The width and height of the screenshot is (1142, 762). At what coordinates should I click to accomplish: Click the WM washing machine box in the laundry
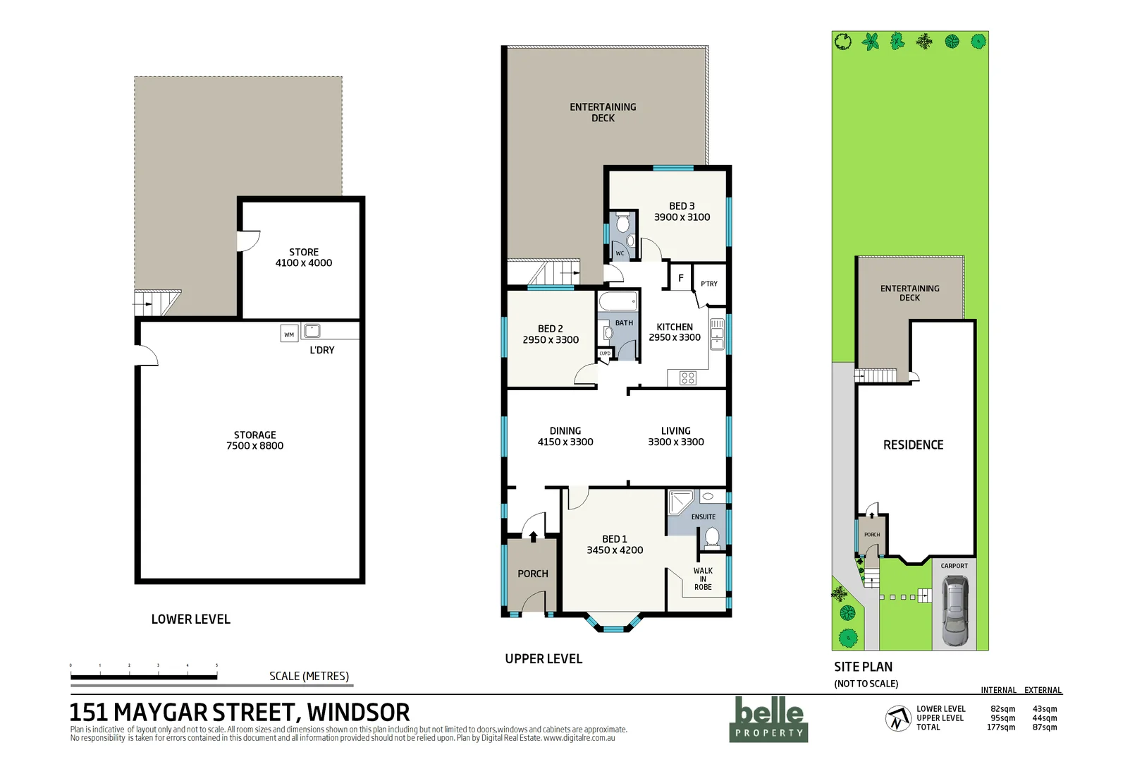289,334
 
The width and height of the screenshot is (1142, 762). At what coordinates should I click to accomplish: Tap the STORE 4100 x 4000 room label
304,258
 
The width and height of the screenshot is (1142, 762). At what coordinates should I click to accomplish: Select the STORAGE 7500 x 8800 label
254,440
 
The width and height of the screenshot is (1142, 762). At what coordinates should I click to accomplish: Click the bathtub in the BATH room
618,303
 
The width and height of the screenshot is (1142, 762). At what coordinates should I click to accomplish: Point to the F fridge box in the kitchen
680,278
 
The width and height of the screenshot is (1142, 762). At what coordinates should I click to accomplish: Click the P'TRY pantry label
708,284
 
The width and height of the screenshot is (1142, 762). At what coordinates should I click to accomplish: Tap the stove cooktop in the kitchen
688,378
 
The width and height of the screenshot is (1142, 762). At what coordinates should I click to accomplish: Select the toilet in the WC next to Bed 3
622,224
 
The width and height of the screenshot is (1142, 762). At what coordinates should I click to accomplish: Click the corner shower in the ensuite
680,503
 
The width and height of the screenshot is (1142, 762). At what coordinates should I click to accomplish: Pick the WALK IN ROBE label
703,579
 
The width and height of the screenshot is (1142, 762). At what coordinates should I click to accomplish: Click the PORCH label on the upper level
533,574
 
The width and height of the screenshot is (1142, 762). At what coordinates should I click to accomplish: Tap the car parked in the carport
954,611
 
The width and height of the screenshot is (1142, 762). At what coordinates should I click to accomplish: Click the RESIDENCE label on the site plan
913,445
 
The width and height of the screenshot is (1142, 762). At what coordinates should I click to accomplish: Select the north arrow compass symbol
897,718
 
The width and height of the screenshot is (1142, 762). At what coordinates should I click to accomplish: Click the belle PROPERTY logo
768,719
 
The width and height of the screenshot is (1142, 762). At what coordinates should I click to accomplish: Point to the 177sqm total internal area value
1000,727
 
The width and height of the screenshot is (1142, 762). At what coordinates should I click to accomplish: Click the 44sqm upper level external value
1044,718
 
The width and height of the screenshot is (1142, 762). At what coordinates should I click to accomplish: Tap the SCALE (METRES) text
309,676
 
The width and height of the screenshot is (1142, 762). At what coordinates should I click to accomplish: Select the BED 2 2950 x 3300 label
551,334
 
